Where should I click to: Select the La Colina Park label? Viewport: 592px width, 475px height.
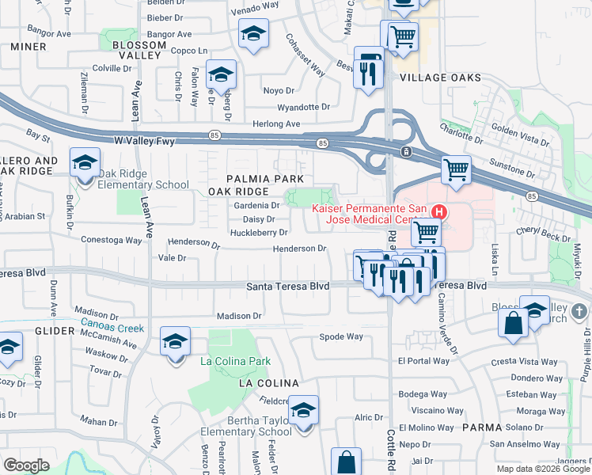235,362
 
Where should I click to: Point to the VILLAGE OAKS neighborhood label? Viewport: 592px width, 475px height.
440,78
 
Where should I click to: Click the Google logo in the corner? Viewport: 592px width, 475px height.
26,465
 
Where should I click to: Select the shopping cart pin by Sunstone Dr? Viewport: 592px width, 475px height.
457,170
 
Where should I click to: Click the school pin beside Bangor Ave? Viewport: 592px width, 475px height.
252,35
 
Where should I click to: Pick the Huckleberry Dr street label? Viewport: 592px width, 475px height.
259,233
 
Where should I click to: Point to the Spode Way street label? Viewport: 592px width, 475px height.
341,336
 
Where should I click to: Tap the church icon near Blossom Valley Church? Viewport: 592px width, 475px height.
580,311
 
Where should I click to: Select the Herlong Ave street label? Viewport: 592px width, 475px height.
276,124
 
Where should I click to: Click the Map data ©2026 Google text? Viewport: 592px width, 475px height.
542,469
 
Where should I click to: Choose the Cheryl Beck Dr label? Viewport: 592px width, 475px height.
543,237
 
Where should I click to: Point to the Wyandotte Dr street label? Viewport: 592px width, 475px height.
303,107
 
